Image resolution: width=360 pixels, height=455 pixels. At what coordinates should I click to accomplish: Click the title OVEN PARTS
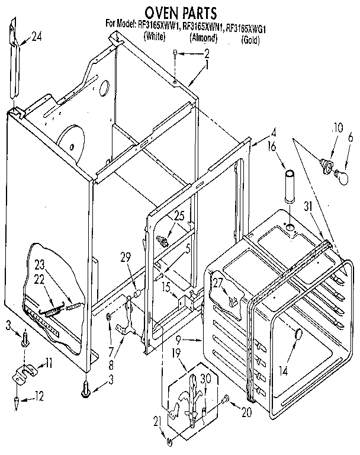[x=178, y=11]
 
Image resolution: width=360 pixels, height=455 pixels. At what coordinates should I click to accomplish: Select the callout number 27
[x=218, y=283]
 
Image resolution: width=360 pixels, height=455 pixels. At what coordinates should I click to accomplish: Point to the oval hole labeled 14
[x=298, y=336]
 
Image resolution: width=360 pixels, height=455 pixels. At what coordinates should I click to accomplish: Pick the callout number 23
[x=39, y=265]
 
